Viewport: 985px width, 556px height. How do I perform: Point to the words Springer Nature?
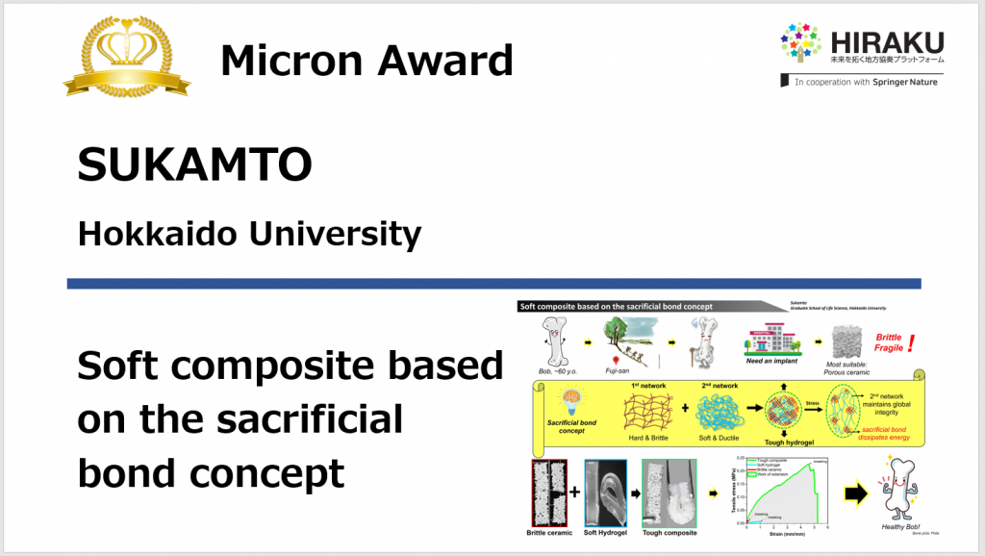[904, 82]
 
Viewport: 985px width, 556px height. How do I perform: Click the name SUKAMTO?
[194, 166]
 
